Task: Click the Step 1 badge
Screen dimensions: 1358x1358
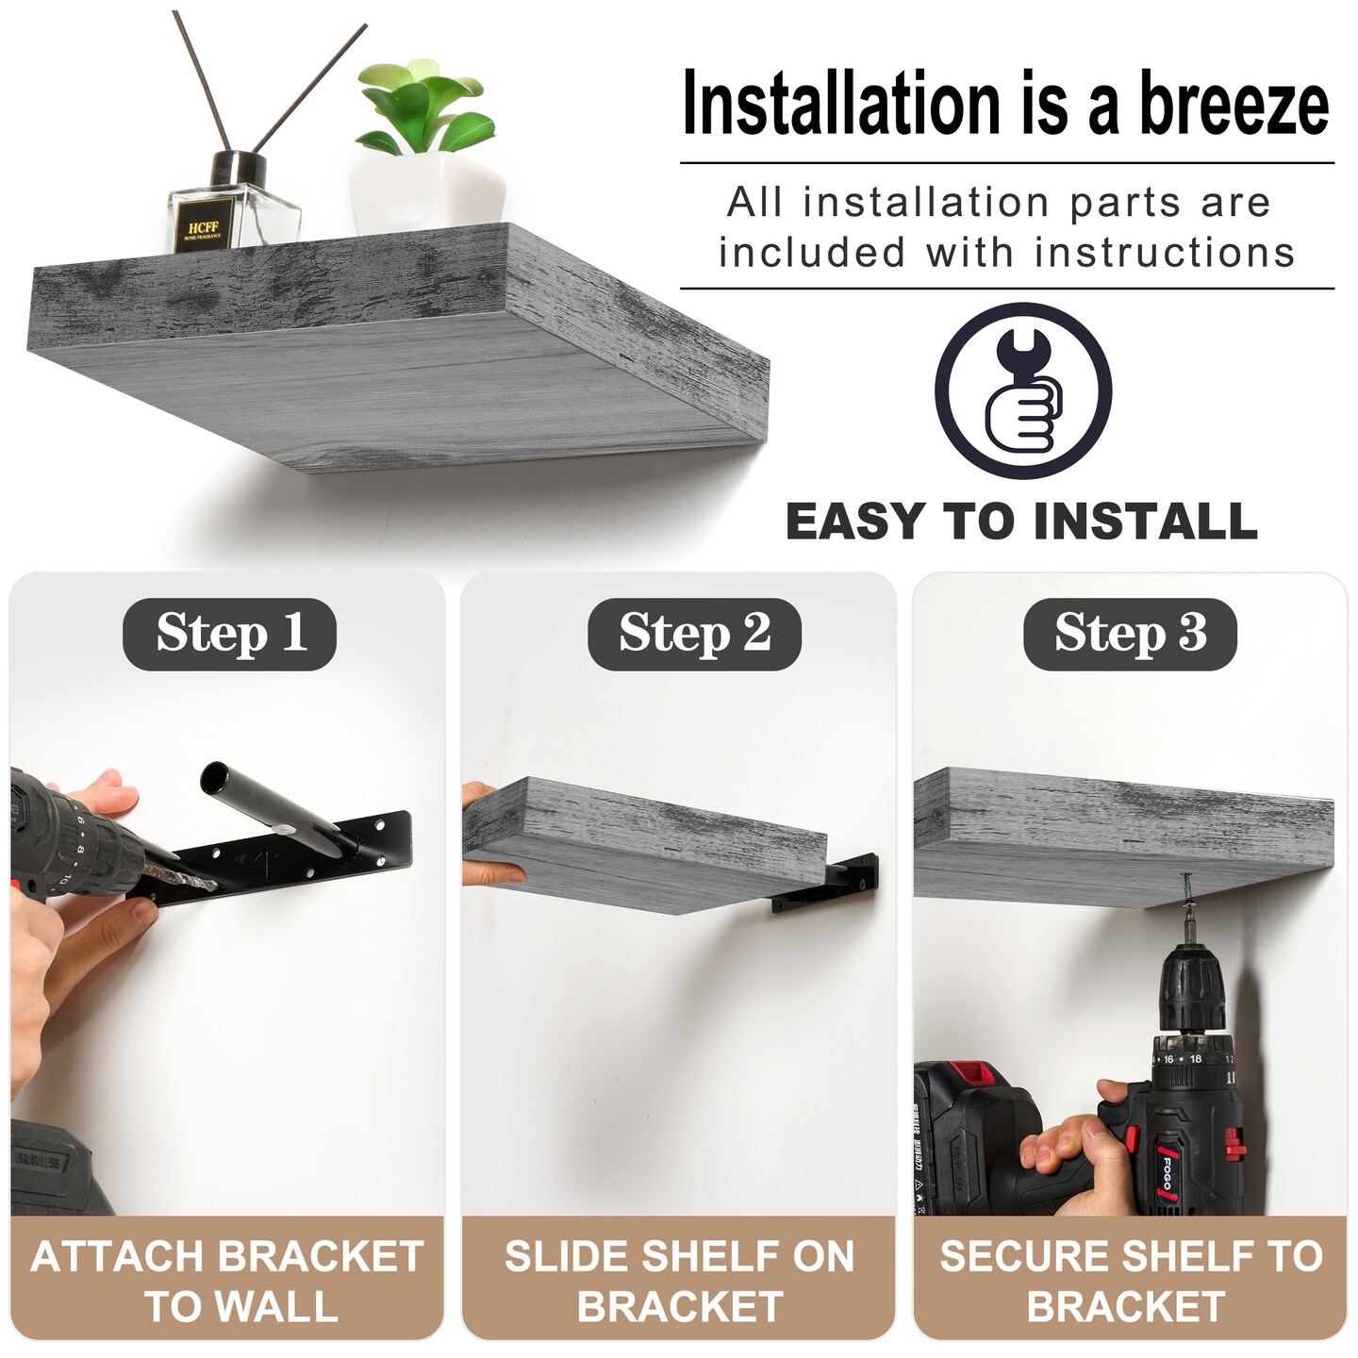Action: point(229,634)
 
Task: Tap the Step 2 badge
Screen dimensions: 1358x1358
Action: point(694,634)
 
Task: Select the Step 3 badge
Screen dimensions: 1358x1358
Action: point(1130,634)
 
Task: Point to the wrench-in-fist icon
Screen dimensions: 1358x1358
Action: point(1023,390)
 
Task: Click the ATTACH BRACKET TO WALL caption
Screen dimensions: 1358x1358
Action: point(227,1280)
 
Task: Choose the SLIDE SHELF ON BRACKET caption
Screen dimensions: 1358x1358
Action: point(679,1280)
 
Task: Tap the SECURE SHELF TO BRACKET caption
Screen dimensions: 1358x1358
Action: point(1130,1280)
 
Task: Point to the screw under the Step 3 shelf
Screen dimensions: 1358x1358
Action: point(1186,896)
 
